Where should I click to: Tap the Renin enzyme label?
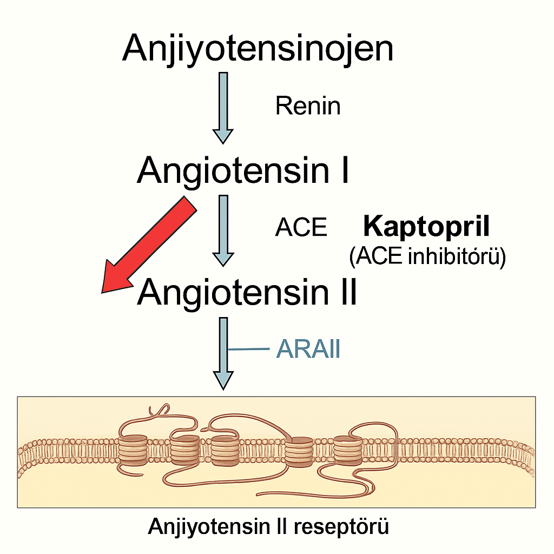[x=308, y=105]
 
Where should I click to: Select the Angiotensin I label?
[x=243, y=170]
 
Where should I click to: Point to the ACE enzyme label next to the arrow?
[x=301, y=228]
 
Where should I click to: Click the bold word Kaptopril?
[x=426, y=227]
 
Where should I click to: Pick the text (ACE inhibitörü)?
[x=427, y=257]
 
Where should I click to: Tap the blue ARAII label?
[x=308, y=350]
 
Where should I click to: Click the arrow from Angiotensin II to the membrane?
[x=223, y=352]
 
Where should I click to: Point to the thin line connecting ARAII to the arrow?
[x=249, y=349]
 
